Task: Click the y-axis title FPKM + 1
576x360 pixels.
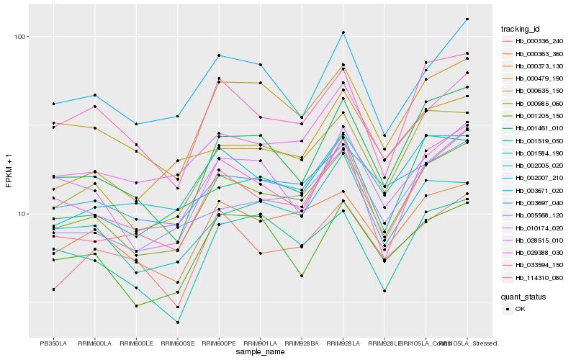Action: [x=9, y=170]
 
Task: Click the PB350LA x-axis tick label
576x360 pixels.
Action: [x=53, y=343]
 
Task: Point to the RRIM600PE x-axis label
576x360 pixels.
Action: [x=219, y=343]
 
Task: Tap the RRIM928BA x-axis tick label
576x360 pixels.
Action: [x=302, y=343]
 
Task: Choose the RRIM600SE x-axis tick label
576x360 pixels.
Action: [x=177, y=343]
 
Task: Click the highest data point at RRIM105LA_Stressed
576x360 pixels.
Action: [x=467, y=19]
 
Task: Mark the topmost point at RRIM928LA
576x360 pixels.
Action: [x=343, y=32]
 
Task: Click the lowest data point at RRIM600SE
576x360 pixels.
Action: [x=178, y=323]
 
